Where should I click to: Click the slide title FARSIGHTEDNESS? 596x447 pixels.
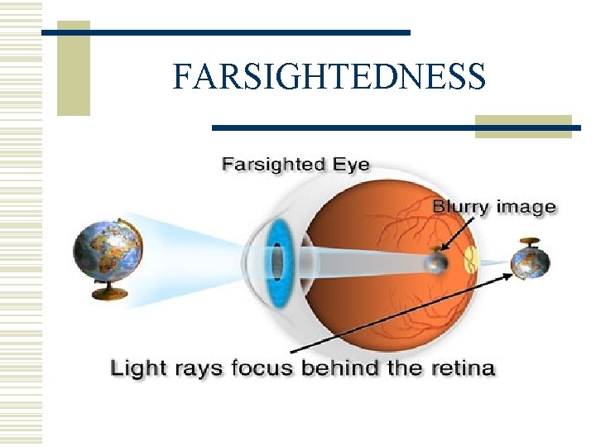coord(329,76)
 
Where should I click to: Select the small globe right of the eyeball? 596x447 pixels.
coord(530,263)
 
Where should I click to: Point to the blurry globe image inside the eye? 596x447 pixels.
coord(435,263)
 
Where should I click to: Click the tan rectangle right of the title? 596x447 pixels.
coord(522,125)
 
